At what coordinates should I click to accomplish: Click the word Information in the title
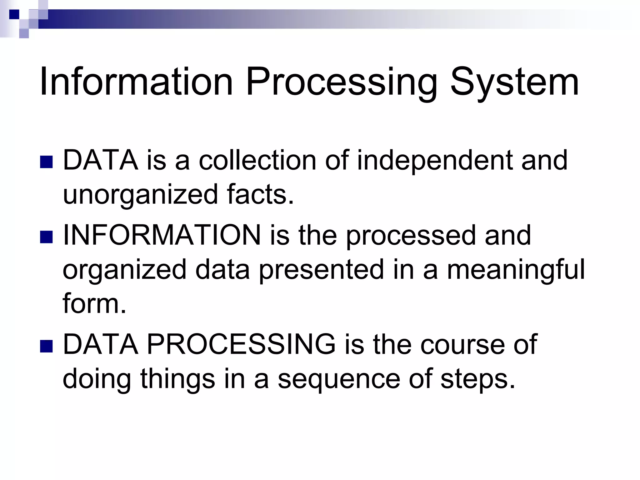click(x=136, y=82)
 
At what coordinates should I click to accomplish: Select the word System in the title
click(x=514, y=82)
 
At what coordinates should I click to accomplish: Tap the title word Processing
click(x=341, y=82)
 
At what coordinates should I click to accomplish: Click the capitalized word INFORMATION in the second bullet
click(x=162, y=235)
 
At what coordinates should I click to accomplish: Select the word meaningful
click(x=516, y=269)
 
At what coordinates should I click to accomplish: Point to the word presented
click(x=321, y=269)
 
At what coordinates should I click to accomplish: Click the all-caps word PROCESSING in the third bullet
click(x=241, y=344)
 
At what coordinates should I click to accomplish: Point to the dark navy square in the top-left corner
click(x=14, y=14)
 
